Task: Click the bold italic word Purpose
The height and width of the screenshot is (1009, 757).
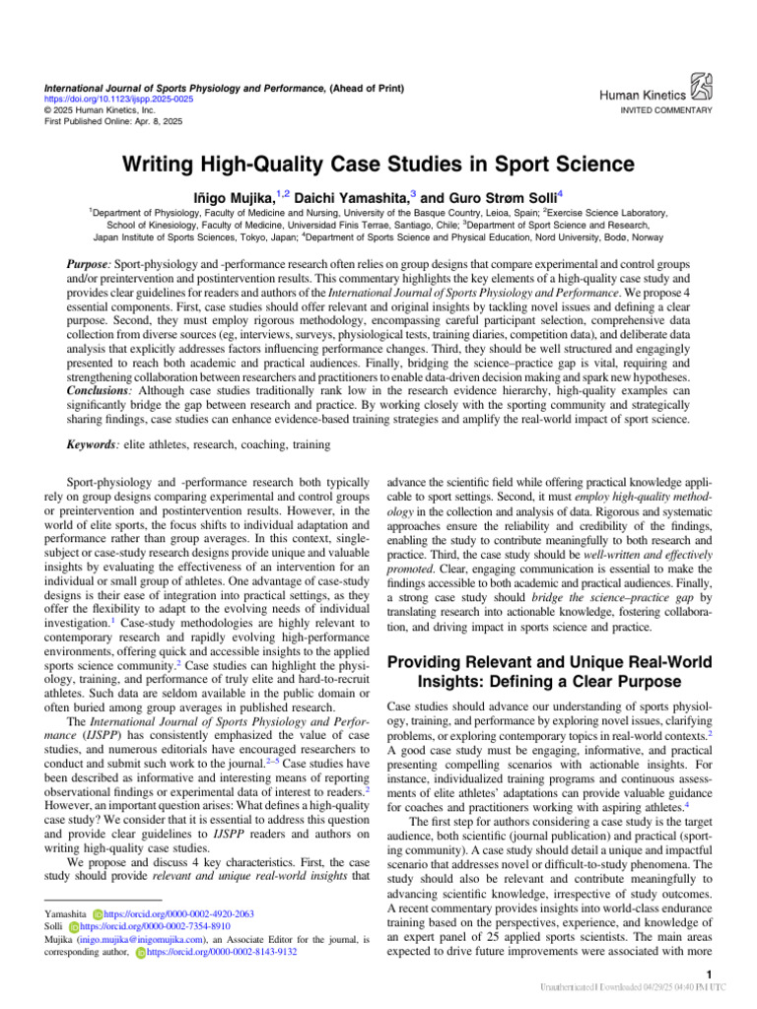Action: (x=86, y=267)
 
